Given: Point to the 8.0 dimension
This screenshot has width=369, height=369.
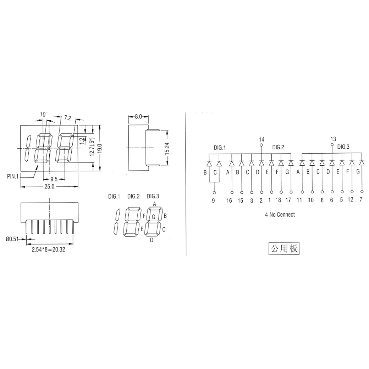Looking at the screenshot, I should coord(138,116).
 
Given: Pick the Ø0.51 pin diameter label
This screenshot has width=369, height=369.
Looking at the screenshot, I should coord(13,239).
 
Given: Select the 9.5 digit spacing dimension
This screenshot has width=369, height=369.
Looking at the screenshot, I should coord(54,179).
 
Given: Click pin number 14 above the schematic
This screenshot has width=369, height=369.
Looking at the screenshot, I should coord(262,139).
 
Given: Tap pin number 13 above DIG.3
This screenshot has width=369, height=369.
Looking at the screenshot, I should coord(332,139).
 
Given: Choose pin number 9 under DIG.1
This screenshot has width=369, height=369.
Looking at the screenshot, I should coord(214,200).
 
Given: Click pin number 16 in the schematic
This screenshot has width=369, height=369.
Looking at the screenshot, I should coord(229,200).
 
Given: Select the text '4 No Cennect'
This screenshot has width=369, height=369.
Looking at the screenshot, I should coord(280,215).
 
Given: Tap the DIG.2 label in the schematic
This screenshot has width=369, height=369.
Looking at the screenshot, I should coord(278,147).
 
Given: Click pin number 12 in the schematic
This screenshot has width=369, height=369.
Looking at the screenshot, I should coord(351,200).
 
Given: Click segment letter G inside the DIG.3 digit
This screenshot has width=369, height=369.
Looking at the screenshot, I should coord(153,216).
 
